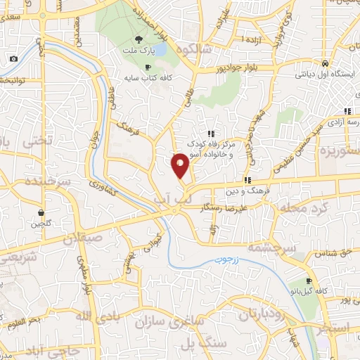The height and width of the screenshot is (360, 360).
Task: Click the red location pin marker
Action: click(x=180, y=165)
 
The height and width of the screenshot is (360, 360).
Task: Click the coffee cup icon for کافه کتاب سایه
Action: click(x=148, y=67)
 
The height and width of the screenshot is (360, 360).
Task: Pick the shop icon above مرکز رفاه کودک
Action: click(x=210, y=134)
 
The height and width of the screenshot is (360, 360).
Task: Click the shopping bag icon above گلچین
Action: click(x=42, y=212)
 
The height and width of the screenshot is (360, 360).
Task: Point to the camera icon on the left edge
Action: click(x=13, y=59)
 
